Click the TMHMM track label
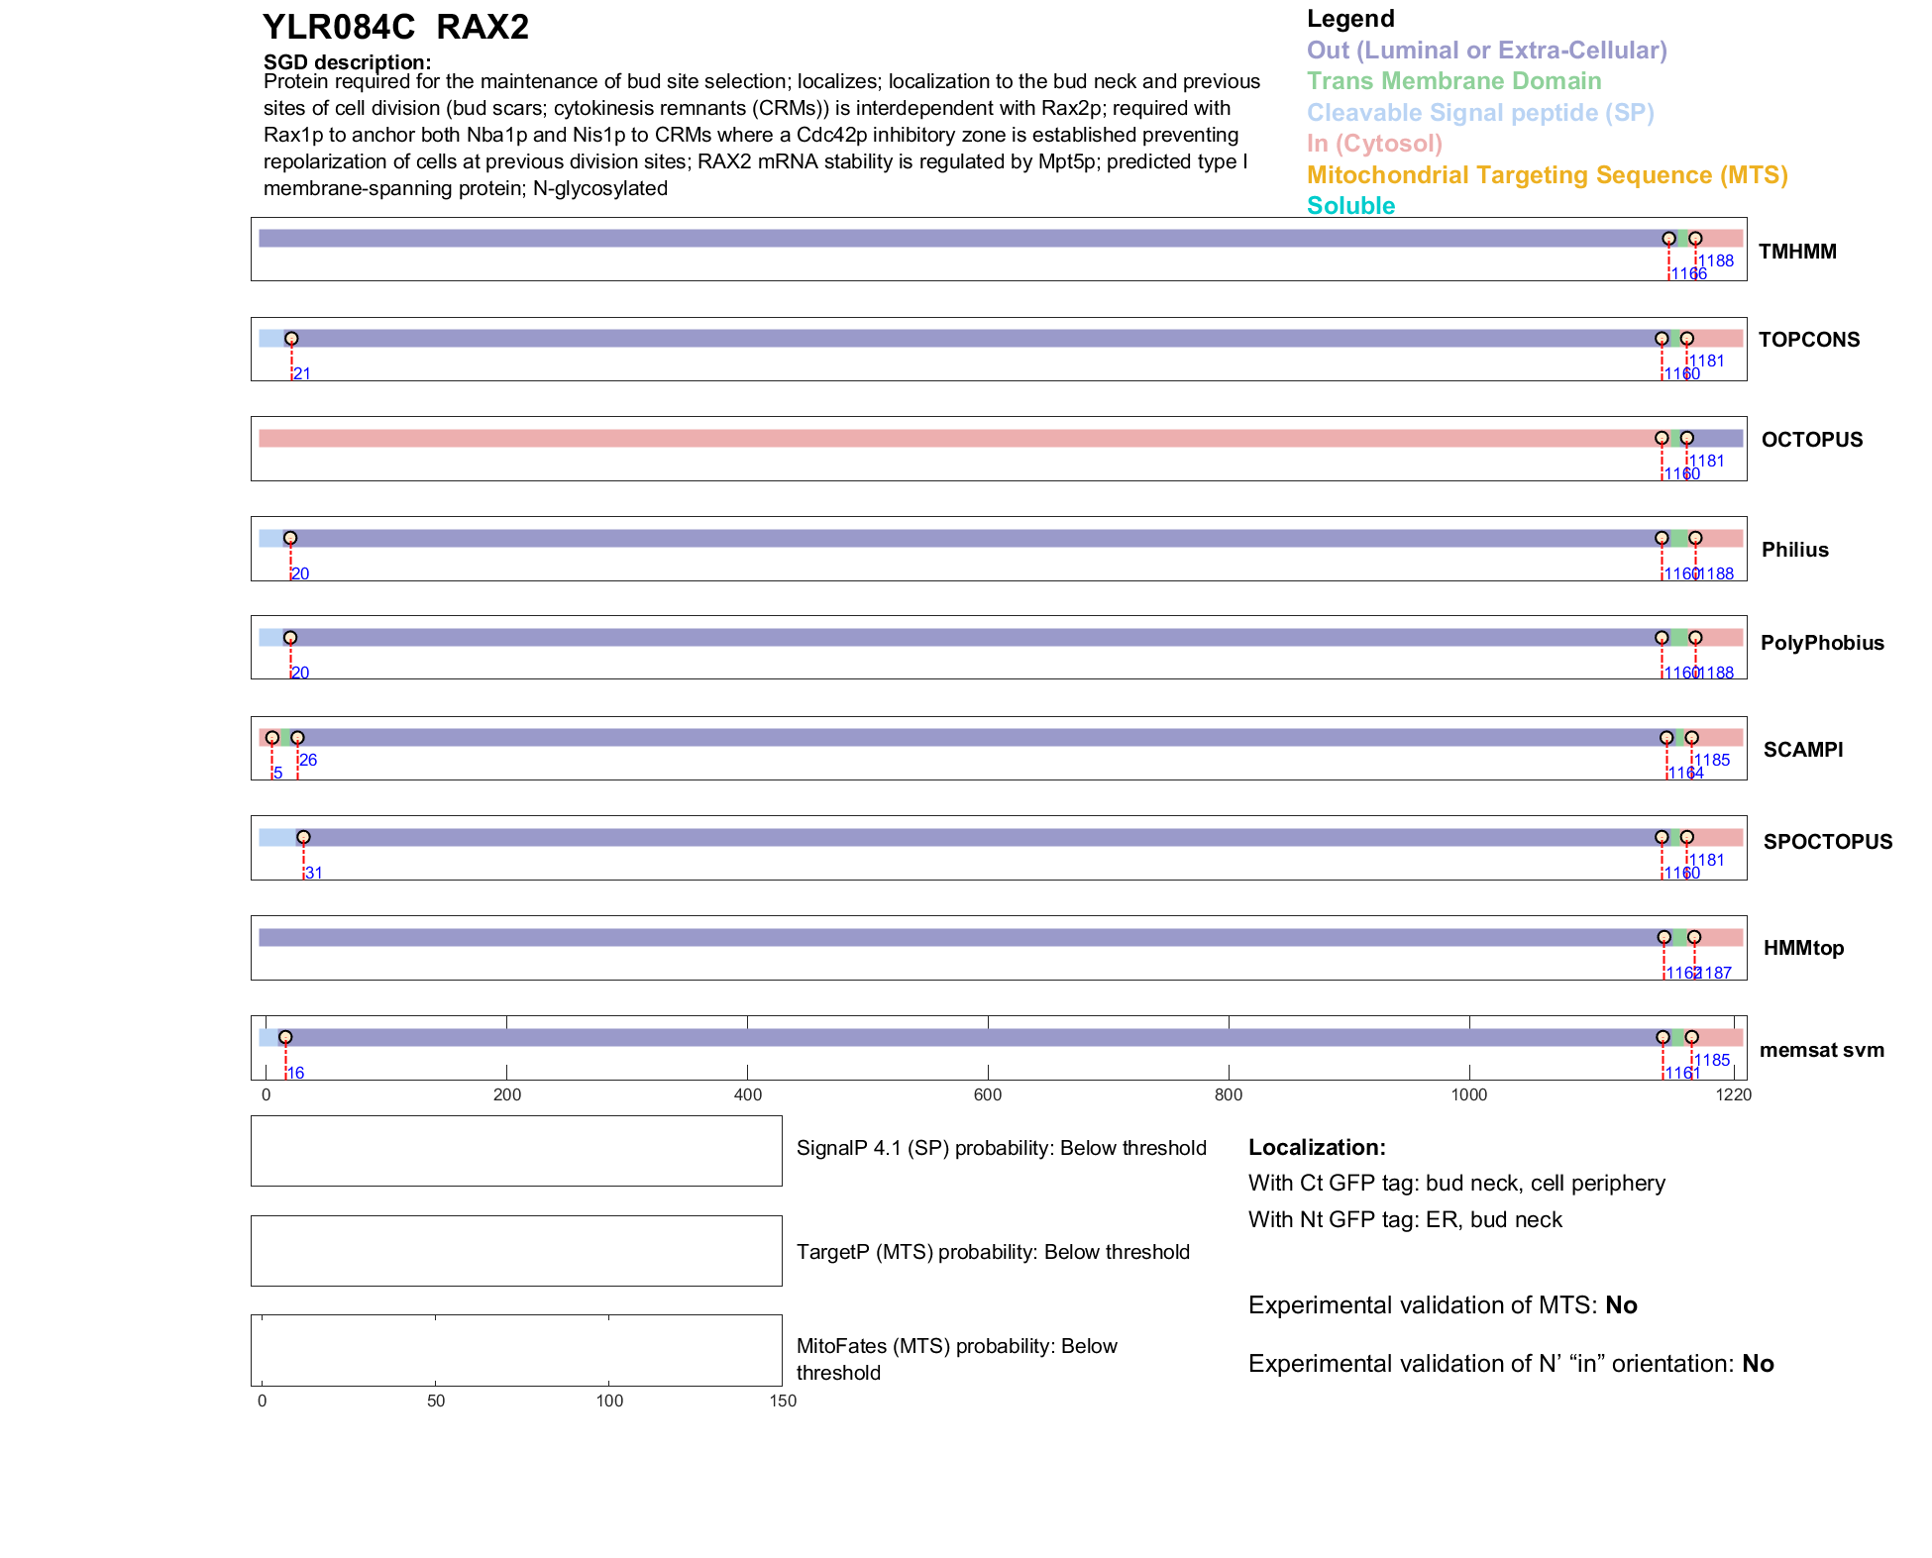point(1797,252)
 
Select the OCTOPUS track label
point(1812,440)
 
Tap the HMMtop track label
point(1803,948)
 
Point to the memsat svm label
point(1821,1050)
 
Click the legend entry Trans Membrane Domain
point(1453,81)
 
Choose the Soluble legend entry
point(1350,206)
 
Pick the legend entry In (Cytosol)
point(1374,144)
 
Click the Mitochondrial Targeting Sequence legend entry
point(1547,175)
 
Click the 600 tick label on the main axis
point(988,1094)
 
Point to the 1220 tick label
point(1734,1094)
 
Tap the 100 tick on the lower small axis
point(609,1401)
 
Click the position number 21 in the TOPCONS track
point(302,374)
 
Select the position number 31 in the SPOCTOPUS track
point(313,874)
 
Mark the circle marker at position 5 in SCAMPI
point(272,738)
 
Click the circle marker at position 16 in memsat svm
point(285,1037)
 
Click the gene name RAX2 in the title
point(483,28)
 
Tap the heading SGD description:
point(347,62)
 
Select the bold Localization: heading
point(1317,1147)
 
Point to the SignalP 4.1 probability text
point(1001,1148)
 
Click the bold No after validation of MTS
point(1621,1305)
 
